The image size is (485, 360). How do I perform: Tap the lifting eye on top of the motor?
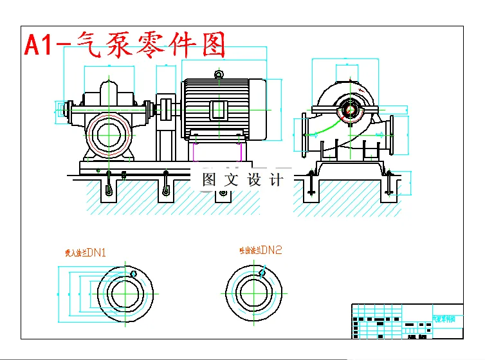click(x=219, y=75)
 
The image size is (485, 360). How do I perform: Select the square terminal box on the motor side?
click(x=219, y=110)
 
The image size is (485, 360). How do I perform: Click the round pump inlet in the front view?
click(x=107, y=135)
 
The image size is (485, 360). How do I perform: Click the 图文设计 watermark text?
click(x=243, y=180)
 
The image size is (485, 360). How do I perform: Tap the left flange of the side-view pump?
click(x=305, y=135)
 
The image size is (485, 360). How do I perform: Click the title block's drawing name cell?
click(x=447, y=318)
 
